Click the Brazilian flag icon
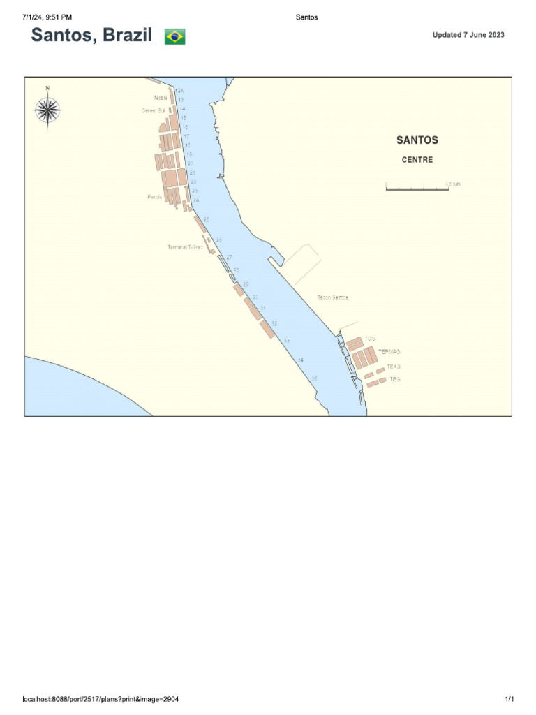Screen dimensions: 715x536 click(174, 37)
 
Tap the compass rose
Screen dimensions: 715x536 click(47, 109)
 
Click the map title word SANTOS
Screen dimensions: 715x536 click(417, 140)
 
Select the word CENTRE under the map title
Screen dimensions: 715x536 click(417, 160)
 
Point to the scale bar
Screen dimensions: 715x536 click(417, 188)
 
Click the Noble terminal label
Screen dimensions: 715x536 click(161, 98)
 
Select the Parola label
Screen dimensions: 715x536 click(155, 197)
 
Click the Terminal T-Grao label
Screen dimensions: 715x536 click(185, 247)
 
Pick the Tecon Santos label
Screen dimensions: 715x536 click(332, 297)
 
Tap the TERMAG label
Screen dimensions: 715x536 click(389, 351)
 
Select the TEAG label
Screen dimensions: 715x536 click(394, 366)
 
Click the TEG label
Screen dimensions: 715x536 click(394, 379)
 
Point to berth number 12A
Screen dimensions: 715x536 click(179, 91)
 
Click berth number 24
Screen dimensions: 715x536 click(196, 200)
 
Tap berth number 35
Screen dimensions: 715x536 click(314, 378)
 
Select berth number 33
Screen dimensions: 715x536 click(286, 340)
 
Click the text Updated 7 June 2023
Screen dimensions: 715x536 click(468, 35)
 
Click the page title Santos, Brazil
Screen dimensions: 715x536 click(91, 36)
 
